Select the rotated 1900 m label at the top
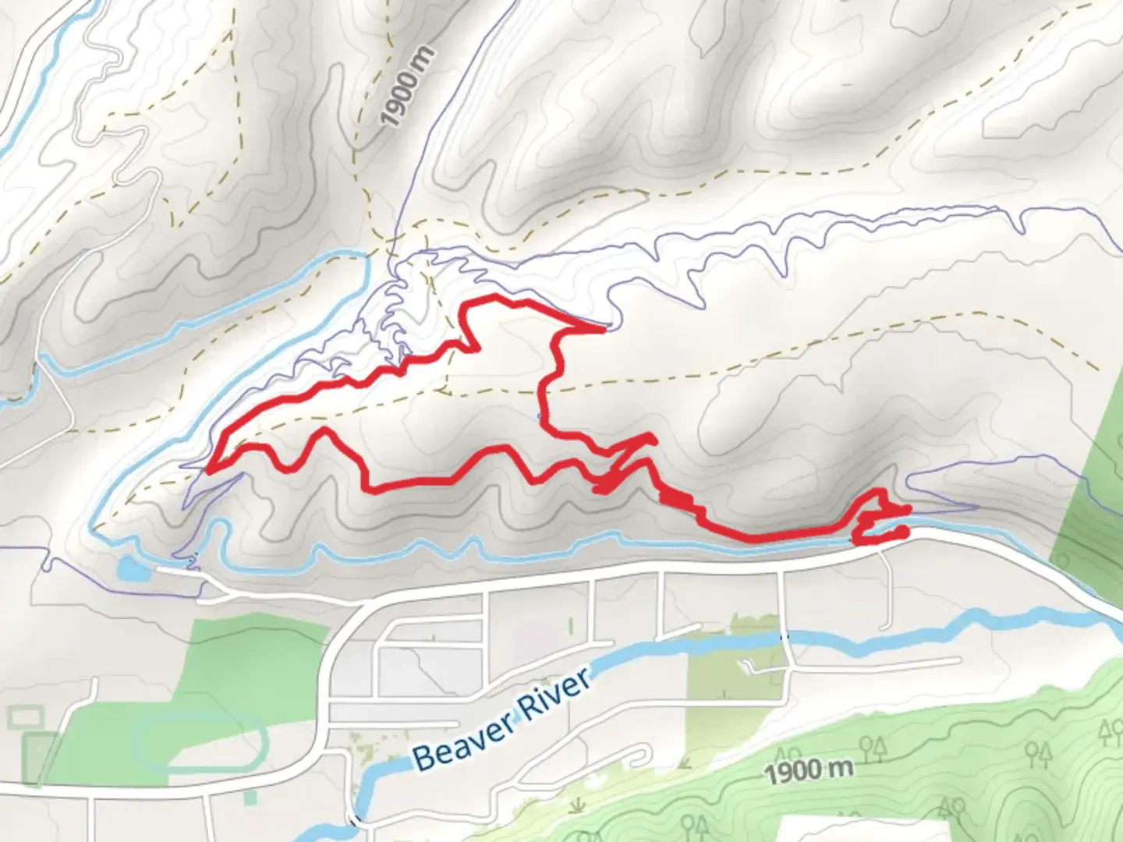[407, 87]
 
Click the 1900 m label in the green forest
[808, 771]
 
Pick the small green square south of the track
[250, 798]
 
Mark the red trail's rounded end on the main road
[903, 532]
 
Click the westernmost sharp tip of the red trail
[209, 470]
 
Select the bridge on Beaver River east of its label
[785, 637]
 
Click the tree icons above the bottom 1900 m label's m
[870, 749]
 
